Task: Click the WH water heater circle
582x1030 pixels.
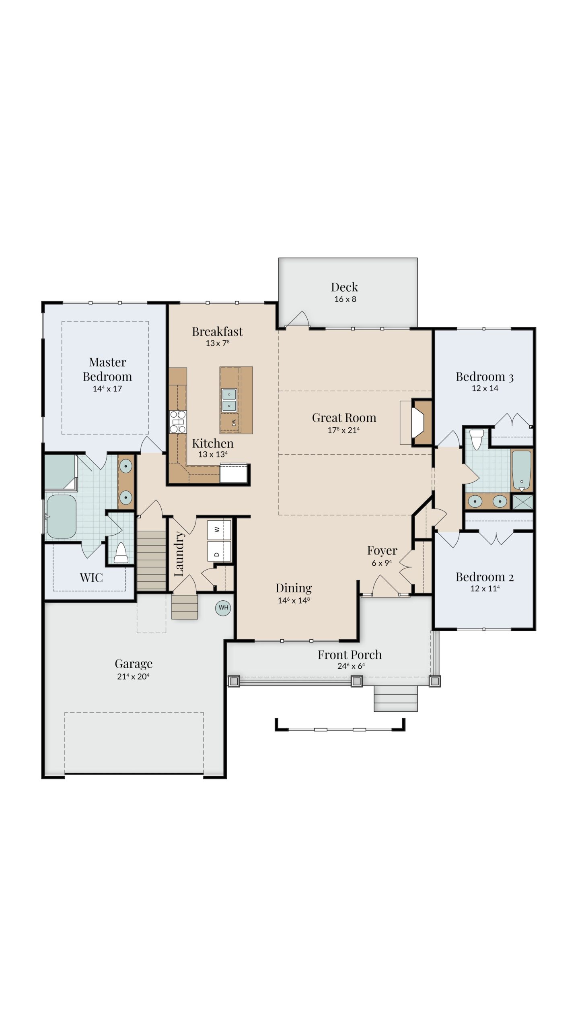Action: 223,608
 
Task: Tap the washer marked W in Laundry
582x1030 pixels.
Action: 219,530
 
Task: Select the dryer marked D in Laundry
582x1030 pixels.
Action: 219,551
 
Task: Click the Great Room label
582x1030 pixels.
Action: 344,418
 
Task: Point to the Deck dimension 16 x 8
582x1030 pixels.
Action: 345,299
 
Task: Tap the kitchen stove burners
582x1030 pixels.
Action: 177,421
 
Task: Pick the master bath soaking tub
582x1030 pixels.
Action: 62,517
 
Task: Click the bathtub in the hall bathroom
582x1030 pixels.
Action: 522,470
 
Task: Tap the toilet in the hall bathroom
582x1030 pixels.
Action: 477,439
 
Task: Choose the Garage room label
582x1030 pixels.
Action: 134,663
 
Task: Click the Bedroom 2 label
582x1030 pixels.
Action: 485,577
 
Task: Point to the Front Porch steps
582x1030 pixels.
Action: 395,698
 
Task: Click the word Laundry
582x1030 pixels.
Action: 179,554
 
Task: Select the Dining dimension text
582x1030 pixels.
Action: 294,601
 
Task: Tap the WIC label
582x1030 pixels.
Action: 91,578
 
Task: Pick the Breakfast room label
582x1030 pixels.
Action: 217,332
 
